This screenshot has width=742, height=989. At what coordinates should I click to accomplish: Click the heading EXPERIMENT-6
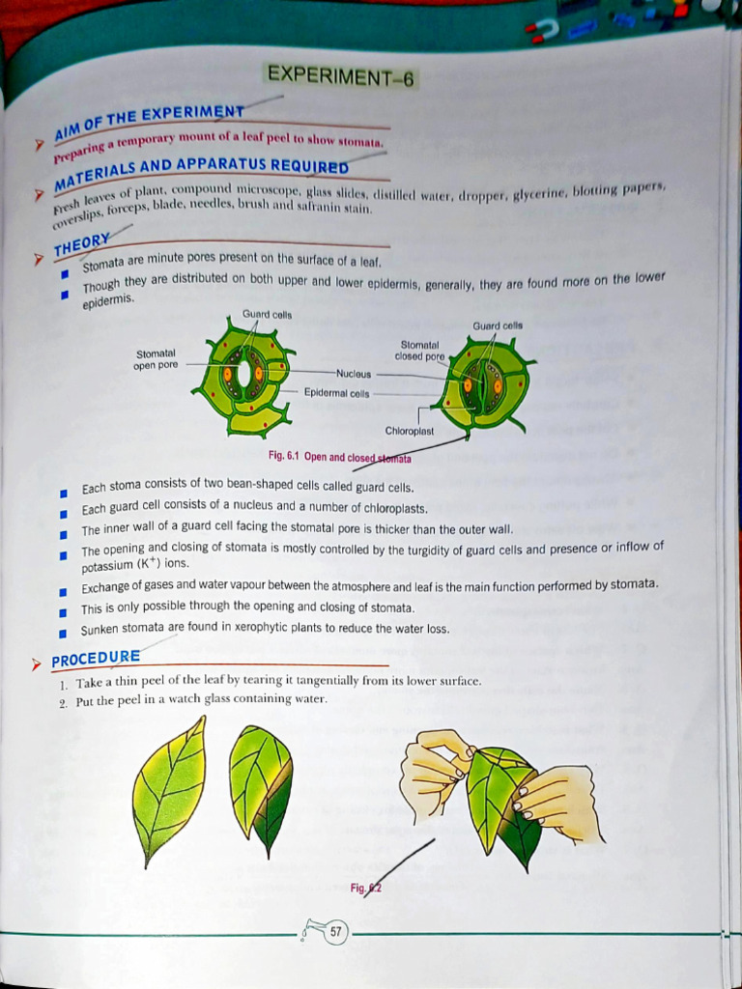(x=341, y=76)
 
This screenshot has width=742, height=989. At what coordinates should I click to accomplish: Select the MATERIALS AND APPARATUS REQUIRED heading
(x=200, y=170)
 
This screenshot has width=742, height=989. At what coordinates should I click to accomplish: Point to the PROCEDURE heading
(x=96, y=659)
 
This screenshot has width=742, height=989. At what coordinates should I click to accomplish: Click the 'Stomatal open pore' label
(x=157, y=358)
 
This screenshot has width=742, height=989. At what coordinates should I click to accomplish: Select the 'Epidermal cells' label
(x=337, y=393)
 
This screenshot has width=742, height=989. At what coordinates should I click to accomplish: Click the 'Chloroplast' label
(x=410, y=431)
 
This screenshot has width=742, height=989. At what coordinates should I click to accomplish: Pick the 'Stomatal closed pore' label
(x=420, y=351)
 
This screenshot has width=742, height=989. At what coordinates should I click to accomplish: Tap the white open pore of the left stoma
(x=244, y=373)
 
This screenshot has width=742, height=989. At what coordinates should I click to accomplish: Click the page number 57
(x=335, y=933)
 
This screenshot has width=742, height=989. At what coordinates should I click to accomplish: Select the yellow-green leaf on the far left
(x=169, y=787)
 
